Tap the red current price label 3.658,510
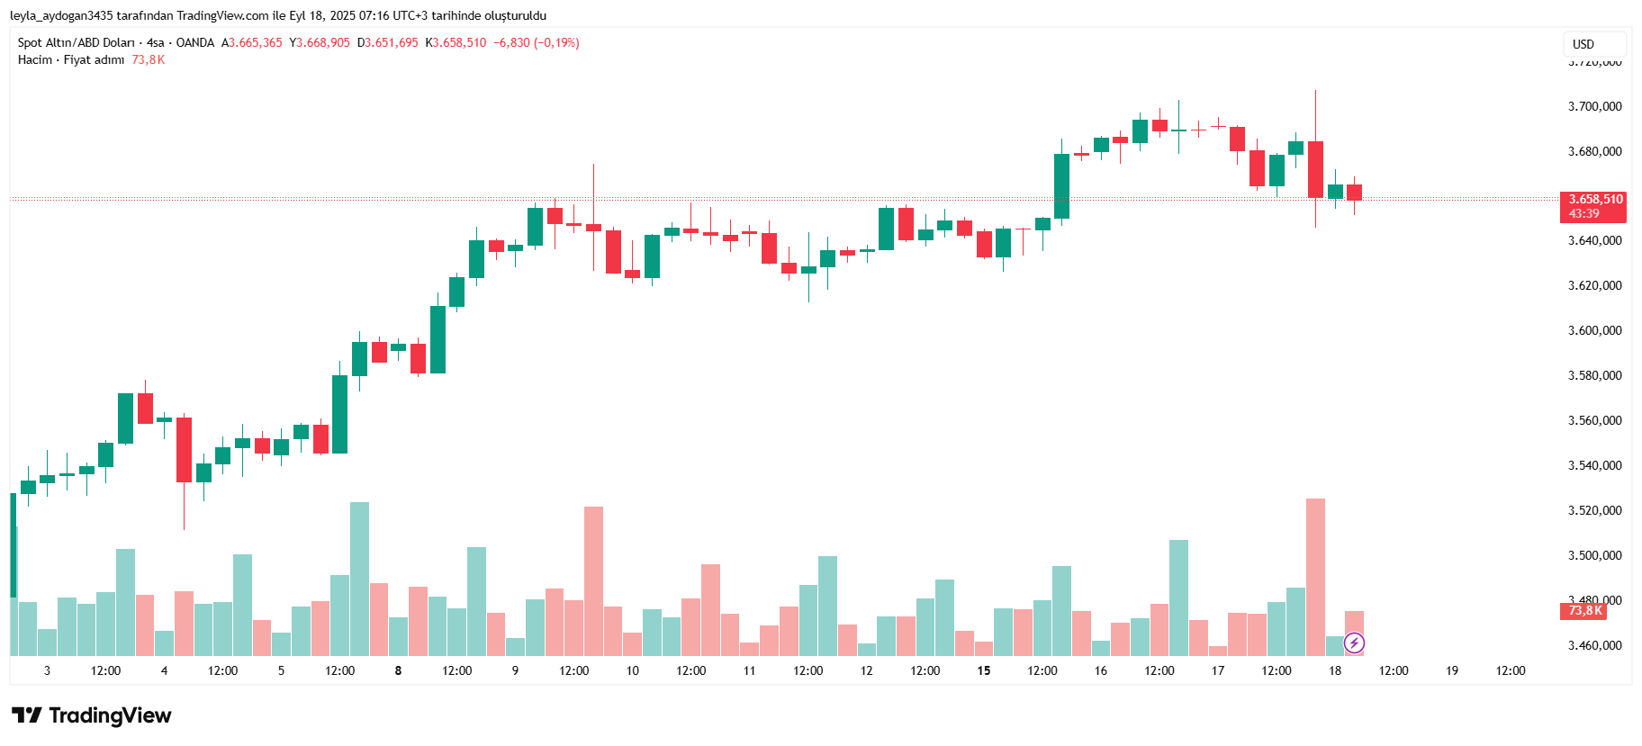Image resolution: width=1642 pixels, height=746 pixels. (x=1594, y=200)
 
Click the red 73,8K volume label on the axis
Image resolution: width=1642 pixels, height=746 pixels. (x=1583, y=611)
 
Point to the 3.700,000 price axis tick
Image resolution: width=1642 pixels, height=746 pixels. (x=1594, y=106)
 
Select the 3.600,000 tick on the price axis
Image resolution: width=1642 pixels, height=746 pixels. (x=1594, y=330)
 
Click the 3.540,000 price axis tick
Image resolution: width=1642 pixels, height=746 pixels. (x=1594, y=465)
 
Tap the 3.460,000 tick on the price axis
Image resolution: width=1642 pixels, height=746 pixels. (x=1594, y=645)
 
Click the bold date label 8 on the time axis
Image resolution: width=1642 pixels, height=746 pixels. (x=398, y=670)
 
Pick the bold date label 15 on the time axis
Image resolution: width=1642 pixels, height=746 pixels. (x=983, y=670)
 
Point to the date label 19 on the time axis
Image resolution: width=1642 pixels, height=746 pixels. (x=1452, y=670)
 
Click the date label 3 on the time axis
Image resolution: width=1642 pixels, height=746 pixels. (x=47, y=670)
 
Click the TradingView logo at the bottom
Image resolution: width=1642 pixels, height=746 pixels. (x=92, y=715)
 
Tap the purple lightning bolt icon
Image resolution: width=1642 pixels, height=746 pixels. (x=1354, y=643)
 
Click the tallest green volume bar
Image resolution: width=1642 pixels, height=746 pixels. (x=359, y=578)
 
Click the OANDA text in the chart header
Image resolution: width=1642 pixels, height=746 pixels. (x=194, y=43)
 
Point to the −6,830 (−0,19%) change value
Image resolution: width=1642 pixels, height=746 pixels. (x=537, y=43)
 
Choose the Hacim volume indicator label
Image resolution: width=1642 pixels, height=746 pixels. (x=35, y=60)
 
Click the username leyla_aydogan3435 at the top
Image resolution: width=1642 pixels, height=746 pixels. (x=61, y=15)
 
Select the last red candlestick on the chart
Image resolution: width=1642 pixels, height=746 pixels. (x=1354, y=193)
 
